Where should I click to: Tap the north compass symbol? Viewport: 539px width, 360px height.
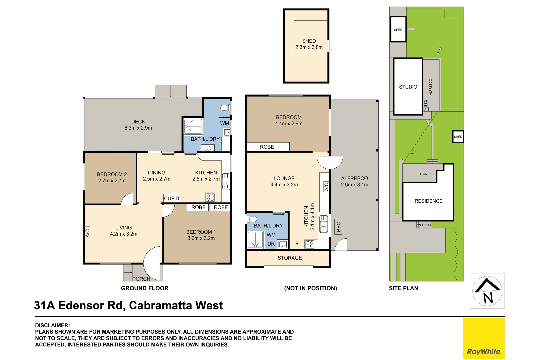click(487, 291)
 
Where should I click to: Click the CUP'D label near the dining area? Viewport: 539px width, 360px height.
click(172, 198)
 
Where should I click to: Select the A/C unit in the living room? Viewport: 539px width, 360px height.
click(87, 233)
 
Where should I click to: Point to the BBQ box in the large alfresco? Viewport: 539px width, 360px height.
click(338, 227)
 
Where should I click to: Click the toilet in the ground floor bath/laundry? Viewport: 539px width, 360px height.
click(225, 108)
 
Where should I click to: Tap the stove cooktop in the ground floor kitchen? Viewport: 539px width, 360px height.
click(210, 198)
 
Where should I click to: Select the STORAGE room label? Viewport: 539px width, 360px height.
click(290, 258)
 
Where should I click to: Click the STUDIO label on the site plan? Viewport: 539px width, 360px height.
click(408, 87)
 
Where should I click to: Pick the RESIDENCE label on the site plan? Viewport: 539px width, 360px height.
click(429, 201)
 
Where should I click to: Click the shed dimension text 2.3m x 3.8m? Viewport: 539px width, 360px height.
click(309, 47)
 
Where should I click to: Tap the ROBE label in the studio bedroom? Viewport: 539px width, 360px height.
click(267, 147)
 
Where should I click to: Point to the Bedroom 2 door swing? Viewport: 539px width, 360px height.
click(127, 199)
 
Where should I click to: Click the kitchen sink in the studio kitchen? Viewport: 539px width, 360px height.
click(324, 224)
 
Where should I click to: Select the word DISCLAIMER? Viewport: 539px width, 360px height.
click(52, 325)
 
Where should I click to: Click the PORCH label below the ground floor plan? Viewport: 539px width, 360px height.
click(141, 279)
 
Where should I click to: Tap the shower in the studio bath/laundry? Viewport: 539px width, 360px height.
click(255, 240)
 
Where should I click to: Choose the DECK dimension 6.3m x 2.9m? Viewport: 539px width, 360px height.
click(138, 128)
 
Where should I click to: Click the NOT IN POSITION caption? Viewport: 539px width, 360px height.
click(311, 288)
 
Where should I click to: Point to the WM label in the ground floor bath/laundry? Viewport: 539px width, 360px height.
click(225, 123)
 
